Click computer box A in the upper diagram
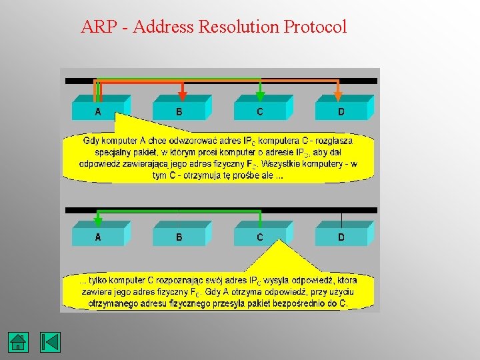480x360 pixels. [98, 111]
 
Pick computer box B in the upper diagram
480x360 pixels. [179, 111]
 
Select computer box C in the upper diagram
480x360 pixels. [259, 111]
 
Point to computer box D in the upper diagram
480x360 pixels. [341, 111]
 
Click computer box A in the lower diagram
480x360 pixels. [98, 236]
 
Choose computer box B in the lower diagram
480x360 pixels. [179, 236]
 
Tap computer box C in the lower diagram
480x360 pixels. [259, 236]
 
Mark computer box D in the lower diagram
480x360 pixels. [341, 236]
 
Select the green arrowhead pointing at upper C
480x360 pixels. [261, 96]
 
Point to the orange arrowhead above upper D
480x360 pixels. [337, 96]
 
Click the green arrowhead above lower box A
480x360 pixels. [98, 221]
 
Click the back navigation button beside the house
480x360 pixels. [50, 342]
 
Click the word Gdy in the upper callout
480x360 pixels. [91, 141]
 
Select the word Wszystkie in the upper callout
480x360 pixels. [287, 163]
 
